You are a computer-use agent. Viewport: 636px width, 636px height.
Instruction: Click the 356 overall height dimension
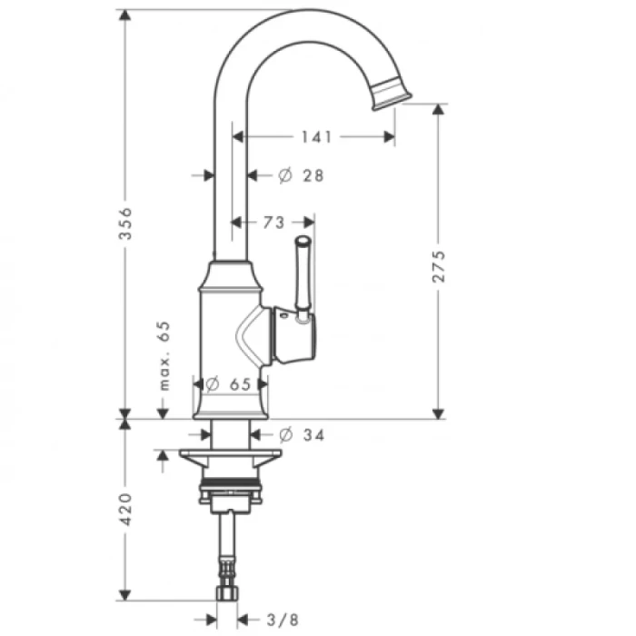126,224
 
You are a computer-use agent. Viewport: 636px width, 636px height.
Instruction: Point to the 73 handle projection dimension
273,222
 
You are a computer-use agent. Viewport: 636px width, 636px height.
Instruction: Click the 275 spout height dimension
439,265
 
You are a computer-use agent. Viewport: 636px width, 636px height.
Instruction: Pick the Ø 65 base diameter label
229,384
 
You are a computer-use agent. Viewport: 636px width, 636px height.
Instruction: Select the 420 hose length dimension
126,510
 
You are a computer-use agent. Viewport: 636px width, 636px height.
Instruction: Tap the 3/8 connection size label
283,620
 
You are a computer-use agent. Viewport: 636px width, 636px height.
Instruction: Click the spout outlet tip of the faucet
392,94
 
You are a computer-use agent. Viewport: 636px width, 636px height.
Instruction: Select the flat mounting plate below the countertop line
231,456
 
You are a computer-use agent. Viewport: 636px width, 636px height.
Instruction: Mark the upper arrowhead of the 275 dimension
439,108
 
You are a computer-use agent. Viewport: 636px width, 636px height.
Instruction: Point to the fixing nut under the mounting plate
231,495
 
